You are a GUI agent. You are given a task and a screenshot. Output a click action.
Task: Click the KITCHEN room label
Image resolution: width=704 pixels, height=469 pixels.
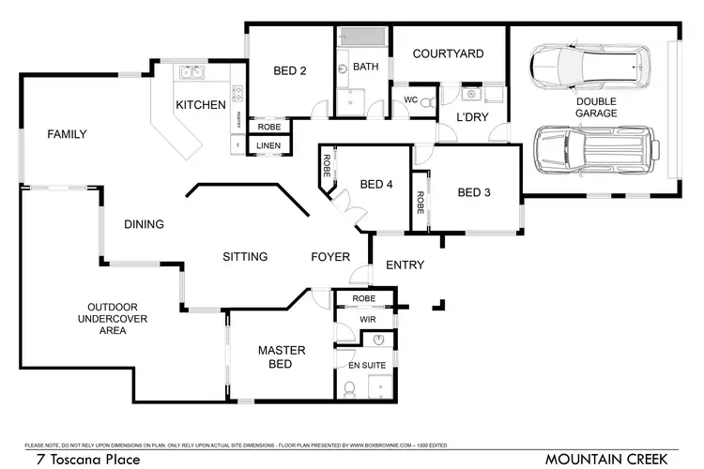pos(201,105)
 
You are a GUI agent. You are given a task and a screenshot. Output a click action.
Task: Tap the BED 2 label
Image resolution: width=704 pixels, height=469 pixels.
pos(290,71)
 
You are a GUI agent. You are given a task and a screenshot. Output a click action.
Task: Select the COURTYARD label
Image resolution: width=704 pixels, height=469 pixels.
pos(448,54)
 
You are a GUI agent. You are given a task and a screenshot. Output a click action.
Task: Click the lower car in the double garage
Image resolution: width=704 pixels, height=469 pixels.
pos(589,148)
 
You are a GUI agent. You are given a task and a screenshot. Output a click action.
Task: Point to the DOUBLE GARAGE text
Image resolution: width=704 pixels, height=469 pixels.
pos(596,107)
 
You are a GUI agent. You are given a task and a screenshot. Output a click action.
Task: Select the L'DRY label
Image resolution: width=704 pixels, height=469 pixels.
pos(469,116)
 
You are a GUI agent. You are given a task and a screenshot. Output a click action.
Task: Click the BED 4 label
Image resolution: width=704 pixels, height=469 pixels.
pos(376,185)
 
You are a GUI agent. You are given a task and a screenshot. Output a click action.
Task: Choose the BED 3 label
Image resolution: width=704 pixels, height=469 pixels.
pos(474,193)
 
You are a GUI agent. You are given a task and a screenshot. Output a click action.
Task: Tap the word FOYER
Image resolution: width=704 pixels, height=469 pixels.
pos(330,257)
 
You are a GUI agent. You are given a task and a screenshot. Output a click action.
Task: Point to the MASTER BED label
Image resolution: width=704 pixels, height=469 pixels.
pos(282,357)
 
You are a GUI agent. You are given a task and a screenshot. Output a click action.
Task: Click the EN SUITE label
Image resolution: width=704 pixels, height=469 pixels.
pos(365,362)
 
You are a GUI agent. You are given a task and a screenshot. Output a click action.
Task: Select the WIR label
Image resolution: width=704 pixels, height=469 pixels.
pos(367,320)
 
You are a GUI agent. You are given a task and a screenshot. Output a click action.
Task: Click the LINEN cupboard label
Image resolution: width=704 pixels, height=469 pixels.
pos(268,144)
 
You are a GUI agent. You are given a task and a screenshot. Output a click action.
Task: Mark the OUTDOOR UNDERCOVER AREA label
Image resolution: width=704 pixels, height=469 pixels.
pos(113,319)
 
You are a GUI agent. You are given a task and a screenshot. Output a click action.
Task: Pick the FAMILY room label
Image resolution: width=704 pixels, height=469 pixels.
pos(68,135)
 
